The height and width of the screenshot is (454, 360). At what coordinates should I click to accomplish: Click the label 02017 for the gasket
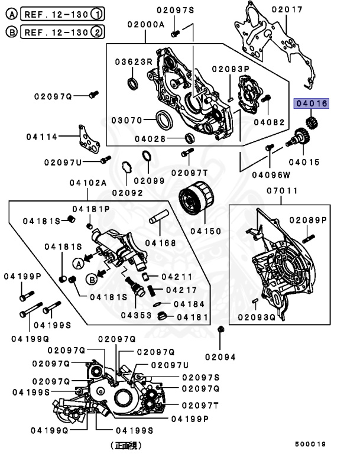point(287,9)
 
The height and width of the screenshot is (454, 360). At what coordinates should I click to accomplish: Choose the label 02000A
point(145,25)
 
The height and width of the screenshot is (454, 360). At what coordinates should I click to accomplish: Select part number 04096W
point(271,174)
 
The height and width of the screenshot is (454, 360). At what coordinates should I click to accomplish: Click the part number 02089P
point(308,220)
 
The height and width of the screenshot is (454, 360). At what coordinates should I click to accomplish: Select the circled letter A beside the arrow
point(77,261)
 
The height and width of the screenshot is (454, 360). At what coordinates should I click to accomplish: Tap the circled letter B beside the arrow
point(92,278)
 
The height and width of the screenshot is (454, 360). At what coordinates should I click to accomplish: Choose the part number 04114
point(41,137)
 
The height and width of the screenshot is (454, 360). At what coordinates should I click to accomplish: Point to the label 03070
point(128,120)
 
